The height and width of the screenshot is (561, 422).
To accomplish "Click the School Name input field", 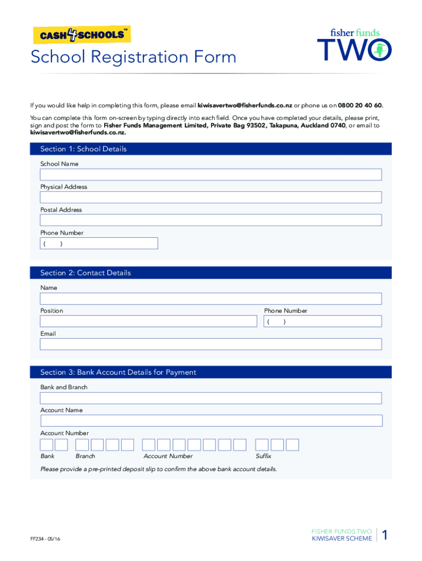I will pyautogui.click(x=210, y=175).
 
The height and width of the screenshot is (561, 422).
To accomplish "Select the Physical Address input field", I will pyautogui.click(x=210, y=198).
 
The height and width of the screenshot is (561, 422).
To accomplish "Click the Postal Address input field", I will pyautogui.click(x=210, y=220).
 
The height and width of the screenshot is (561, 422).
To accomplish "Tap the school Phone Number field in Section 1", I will pyautogui.click(x=99, y=243).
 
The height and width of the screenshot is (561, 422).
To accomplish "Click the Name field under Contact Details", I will pyautogui.click(x=210, y=299).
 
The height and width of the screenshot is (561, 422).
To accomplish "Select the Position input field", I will pyautogui.click(x=148, y=322).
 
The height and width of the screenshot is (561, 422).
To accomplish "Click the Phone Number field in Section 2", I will pyautogui.click(x=322, y=322).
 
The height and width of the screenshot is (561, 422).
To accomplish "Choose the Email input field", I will pyautogui.click(x=210, y=344).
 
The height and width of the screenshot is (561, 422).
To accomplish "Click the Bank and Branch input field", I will pyautogui.click(x=210, y=398).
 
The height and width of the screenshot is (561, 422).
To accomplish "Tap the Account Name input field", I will pyautogui.click(x=210, y=421).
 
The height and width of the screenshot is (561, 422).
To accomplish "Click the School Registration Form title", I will pyautogui.click(x=133, y=57).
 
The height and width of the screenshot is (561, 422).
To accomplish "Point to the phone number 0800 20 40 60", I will pyautogui.click(x=360, y=105).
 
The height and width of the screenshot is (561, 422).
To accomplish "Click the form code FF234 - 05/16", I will pyautogui.click(x=45, y=539).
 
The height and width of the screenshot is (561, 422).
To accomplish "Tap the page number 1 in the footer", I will pyautogui.click(x=385, y=535).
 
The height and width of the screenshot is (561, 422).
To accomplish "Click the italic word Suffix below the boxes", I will pyautogui.click(x=263, y=456).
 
